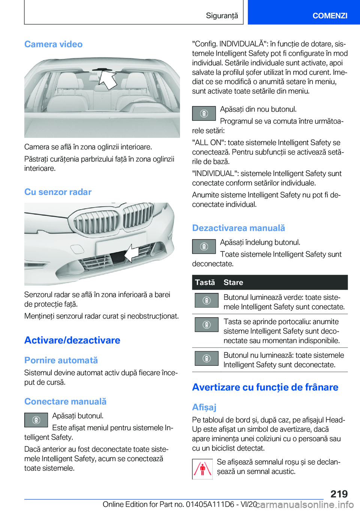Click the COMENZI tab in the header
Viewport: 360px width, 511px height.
330,15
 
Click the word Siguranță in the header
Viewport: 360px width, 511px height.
222,15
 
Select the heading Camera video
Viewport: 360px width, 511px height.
53,44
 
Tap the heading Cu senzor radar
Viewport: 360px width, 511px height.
58,192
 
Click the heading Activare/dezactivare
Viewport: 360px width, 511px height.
72,340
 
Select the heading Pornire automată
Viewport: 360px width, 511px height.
61,360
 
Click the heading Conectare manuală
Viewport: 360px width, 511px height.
65,401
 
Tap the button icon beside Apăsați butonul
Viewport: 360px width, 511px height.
36,420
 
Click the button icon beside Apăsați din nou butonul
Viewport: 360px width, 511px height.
204,113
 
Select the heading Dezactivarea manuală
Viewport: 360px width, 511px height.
238,228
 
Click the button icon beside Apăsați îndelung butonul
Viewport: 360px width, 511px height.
204,246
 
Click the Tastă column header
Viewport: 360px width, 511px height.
205,283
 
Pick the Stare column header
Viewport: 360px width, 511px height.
233,283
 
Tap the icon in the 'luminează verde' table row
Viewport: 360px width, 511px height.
207,301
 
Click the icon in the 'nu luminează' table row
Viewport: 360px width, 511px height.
207,358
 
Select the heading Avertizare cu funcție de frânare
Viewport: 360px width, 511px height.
265,387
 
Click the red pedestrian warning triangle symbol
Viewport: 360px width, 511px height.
202,469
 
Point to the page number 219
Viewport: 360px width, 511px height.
339,494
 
